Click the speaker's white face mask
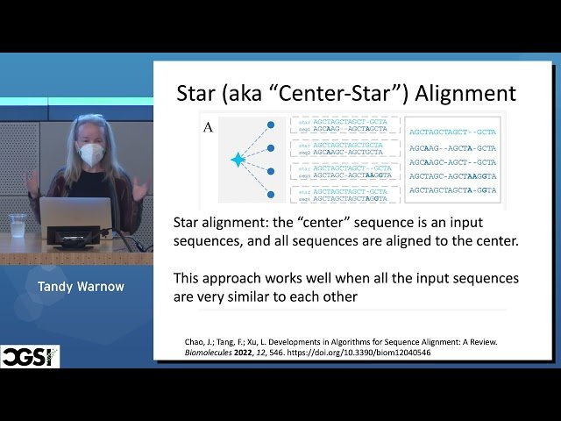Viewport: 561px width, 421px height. tap(92, 155)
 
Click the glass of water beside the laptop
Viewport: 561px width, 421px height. tap(18, 225)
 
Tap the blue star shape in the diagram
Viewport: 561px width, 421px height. tap(237, 160)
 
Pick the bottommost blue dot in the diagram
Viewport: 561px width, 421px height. tap(271, 194)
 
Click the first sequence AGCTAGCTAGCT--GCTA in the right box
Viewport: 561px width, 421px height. tap(452, 132)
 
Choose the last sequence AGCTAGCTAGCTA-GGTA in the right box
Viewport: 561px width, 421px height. tap(452, 189)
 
